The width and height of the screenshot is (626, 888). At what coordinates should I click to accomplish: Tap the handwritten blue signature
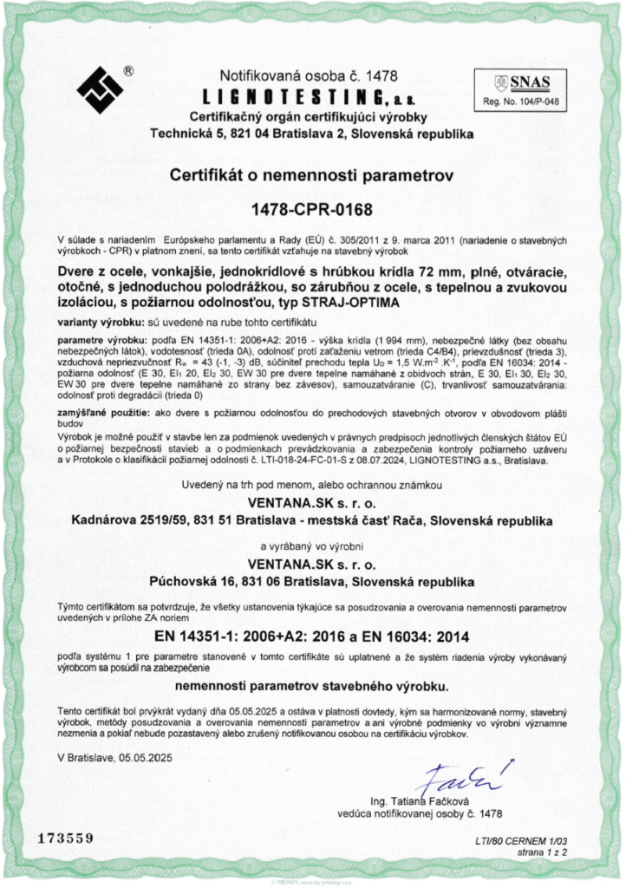[x=452, y=775]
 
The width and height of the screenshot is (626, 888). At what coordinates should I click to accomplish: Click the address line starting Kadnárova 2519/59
[x=311, y=520]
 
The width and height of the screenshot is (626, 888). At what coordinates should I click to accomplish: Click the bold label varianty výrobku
[x=95, y=322]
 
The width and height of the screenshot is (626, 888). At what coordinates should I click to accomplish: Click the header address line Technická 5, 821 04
[x=311, y=134]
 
